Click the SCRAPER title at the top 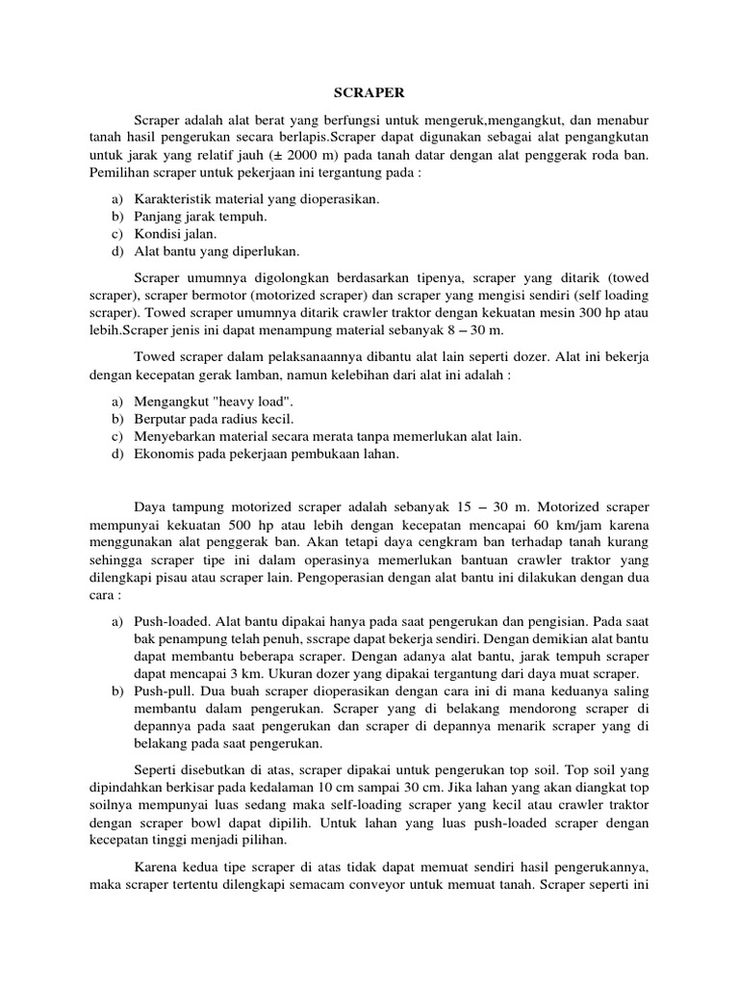369,93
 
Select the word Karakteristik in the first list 173,199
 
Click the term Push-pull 165,690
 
